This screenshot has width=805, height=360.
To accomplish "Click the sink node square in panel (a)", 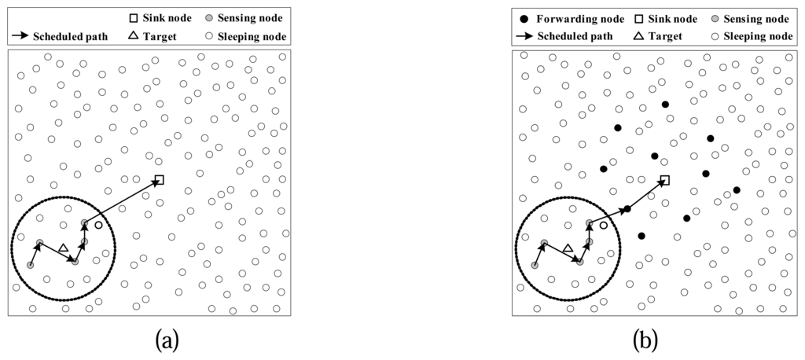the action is point(160,180).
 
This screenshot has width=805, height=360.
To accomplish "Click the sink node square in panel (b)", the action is point(664,181).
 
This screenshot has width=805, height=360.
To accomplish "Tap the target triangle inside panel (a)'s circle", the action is point(64,249).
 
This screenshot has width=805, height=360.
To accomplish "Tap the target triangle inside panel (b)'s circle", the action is point(568,249).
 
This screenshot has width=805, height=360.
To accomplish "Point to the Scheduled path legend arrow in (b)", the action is point(526,35).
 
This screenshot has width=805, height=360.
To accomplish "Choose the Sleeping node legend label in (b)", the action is point(758,35).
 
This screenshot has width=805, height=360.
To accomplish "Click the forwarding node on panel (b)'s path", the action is point(627,208).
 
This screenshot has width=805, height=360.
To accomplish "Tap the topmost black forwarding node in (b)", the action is point(665,104).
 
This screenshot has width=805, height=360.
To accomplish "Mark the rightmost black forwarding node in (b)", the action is point(737,189).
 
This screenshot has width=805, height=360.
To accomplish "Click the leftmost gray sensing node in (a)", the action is point(31,266).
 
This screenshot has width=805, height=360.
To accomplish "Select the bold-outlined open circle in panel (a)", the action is point(98,226).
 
